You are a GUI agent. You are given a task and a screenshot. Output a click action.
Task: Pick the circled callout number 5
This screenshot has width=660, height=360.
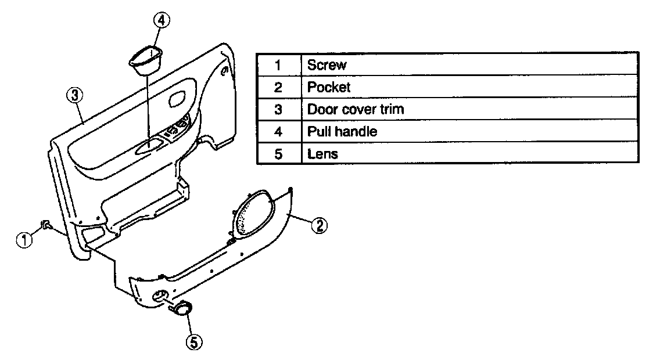coord(193,343)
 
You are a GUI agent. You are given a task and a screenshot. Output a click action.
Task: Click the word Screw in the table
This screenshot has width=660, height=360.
coord(327,65)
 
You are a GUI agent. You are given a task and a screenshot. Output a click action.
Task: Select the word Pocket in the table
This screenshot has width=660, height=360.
coord(329,87)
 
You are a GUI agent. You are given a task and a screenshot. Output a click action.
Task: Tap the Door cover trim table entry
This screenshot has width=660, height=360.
coord(355,109)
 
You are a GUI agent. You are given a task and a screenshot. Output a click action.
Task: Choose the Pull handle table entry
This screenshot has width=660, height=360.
coord(342,131)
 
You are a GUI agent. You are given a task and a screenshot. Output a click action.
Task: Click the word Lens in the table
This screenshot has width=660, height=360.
coord(322,154)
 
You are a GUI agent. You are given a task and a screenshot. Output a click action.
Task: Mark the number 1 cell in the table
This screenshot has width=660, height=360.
coord(278,65)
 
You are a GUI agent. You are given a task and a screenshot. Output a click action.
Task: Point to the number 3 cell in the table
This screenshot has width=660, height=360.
coord(278,109)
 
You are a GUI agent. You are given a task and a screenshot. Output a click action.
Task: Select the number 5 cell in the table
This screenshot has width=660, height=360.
coord(278,154)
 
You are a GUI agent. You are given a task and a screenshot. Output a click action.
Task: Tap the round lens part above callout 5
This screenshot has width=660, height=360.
coord(182,309)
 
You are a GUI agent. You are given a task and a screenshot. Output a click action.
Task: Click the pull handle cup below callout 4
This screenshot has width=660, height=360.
coord(146,60)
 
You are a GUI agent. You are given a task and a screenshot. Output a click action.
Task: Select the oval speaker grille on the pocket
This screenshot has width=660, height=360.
coord(254,213)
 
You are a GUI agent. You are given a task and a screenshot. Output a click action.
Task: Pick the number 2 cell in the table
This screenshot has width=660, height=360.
coord(278,87)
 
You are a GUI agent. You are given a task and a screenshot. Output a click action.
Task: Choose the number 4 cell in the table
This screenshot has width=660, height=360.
coord(278,131)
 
